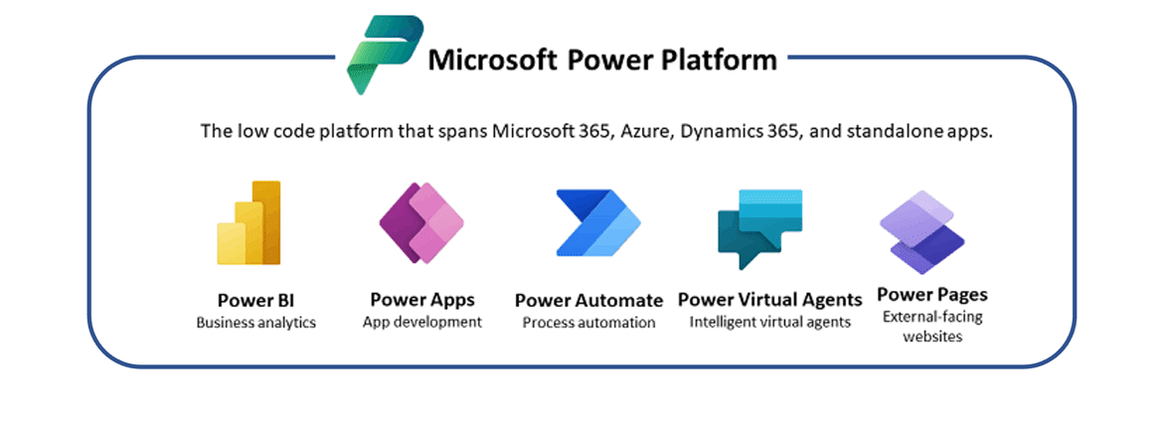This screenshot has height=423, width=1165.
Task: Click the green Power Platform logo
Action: (384, 55)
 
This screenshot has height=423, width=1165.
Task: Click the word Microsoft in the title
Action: (491, 59)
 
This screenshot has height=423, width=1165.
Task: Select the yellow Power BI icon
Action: (249, 222)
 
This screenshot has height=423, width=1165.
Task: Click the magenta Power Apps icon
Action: (421, 221)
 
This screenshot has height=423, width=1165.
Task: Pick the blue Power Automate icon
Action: (598, 221)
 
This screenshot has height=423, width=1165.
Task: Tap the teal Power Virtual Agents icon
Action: (760, 227)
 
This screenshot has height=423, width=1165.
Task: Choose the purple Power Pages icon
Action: (921, 232)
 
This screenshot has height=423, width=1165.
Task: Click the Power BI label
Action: (255, 301)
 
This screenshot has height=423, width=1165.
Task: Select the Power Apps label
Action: (422, 300)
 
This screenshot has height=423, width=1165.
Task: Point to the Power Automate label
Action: (588, 301)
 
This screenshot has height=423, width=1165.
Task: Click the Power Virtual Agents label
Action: (769, 300)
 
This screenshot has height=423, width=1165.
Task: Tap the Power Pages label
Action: (932, 295)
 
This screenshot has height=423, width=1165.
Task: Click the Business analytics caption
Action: (255, 323)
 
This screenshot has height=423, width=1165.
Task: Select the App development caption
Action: (422, 322)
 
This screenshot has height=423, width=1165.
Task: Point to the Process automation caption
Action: (588, 323)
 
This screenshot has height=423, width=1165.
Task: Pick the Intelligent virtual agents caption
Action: (769, 322)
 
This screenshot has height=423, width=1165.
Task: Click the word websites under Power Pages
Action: (932, 337)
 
